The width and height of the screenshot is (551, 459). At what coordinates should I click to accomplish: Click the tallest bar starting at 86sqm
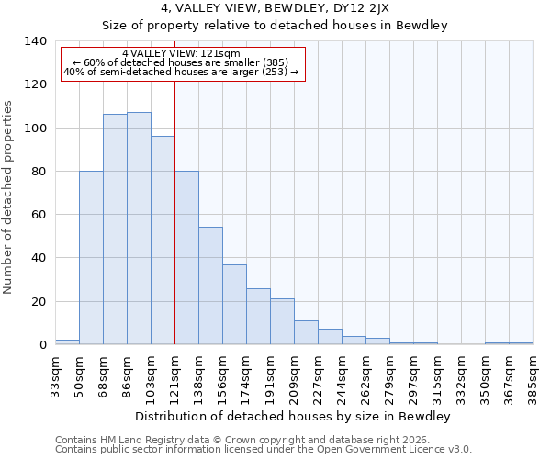pos(139,229)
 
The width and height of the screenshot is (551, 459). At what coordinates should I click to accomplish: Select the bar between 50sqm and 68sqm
pos(91,258)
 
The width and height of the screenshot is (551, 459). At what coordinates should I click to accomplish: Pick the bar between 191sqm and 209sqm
pos(282,321)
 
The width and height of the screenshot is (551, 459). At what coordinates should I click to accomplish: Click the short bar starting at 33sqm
pos(67,342)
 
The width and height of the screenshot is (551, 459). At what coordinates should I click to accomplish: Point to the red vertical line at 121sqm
pos(174,211)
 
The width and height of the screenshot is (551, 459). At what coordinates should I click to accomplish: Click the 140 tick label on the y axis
pos(35,41)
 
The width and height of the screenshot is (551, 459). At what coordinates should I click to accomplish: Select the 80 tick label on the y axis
pos(39,172)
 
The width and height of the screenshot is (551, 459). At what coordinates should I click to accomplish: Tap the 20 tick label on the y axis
pos(39,302)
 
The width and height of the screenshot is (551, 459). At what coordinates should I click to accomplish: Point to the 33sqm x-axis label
pos(55,375)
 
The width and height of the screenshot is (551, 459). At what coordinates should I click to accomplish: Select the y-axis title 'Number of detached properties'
pos(8,197)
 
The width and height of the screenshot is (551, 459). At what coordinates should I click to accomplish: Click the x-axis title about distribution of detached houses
pos(292,416)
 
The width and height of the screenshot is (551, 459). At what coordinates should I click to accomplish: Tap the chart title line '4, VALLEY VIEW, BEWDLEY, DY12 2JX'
pos(275,8)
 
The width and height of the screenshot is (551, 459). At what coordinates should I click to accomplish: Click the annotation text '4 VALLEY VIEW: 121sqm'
pos(181,54)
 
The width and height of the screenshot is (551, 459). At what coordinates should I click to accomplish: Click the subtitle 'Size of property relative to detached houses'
pos(275,26)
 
